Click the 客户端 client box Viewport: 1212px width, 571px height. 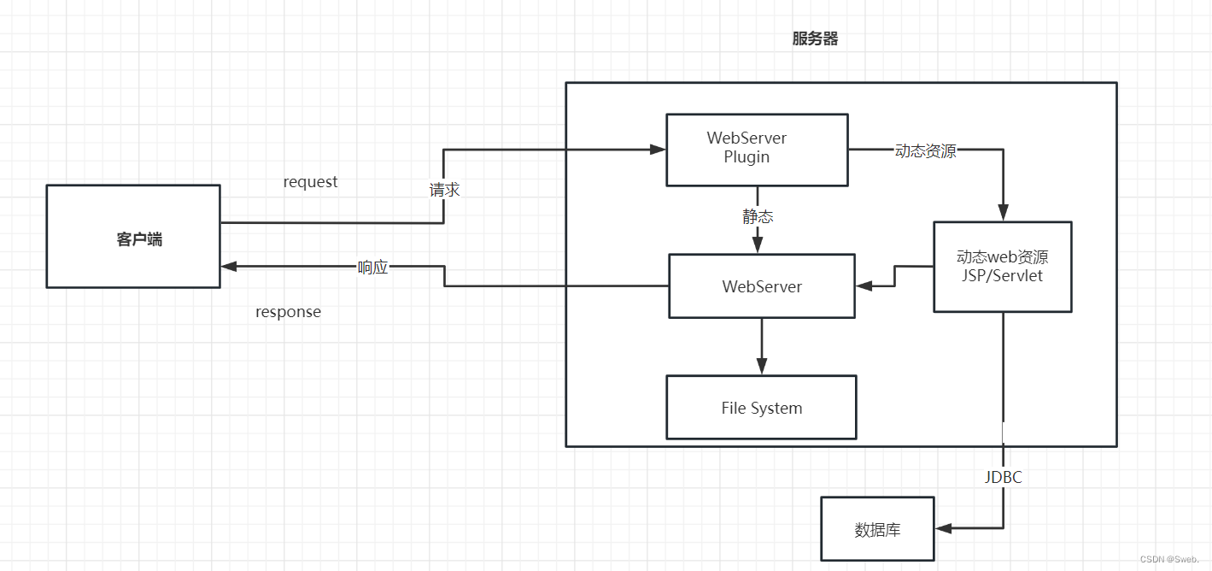[132, 237]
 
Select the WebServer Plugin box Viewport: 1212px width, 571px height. [757, 150]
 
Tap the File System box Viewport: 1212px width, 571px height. [761, 408]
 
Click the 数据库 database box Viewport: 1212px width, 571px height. [877, 530]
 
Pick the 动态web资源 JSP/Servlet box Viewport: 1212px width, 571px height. [1002, 267]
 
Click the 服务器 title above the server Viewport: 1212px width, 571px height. [815, 39]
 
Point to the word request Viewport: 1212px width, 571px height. [310, 182]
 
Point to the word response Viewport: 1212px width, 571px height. [288, 312]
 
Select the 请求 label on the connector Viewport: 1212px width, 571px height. [444, 190]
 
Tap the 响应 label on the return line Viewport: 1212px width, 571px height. [372, 267]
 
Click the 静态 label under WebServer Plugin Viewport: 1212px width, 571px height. [758, 217]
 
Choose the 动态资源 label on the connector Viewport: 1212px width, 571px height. [925, 151]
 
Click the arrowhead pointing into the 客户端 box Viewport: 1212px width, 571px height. [229, 266]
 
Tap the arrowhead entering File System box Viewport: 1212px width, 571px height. [761, 367]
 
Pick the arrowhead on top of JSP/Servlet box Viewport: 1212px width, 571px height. [1003, 214]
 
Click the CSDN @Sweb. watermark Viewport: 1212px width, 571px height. [1169, 558]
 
